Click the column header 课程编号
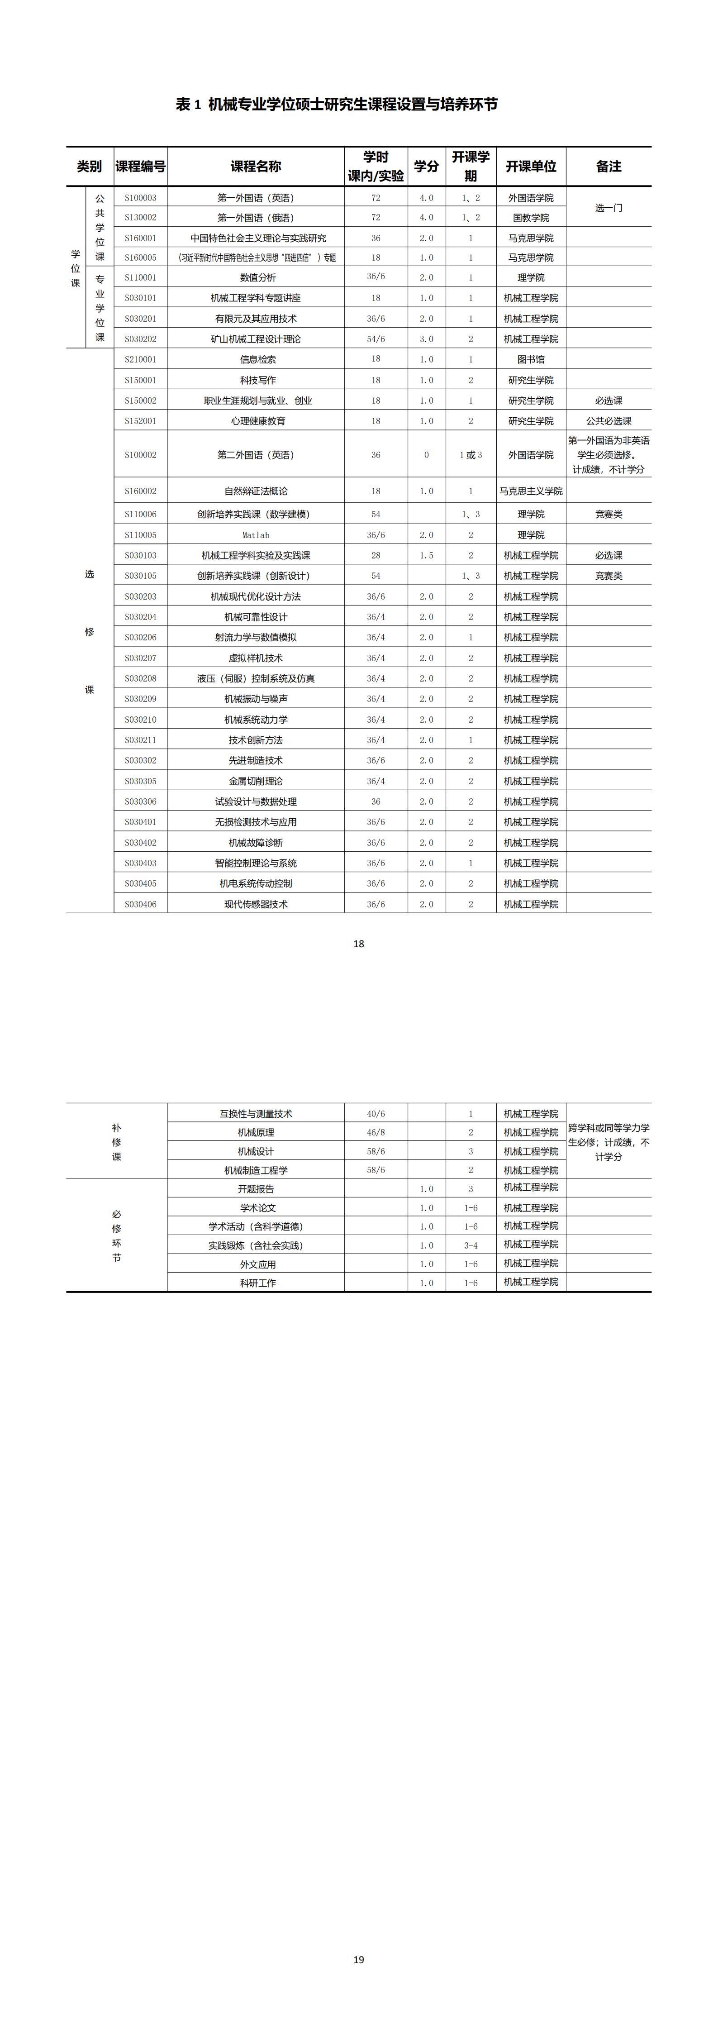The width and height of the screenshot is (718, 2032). click(x=140, y=167)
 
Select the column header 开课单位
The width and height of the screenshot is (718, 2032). click(x=531, y=167)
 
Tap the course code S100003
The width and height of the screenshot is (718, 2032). click(x=140, y=198)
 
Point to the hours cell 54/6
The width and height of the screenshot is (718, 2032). click(x=376, y=339)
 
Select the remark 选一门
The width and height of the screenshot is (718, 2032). click(x=609, y=207)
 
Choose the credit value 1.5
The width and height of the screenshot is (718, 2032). click(x=426, y=555)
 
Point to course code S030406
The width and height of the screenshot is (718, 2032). click(x=140, y=904)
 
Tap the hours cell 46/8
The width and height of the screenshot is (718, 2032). click(x=376, y=1132)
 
